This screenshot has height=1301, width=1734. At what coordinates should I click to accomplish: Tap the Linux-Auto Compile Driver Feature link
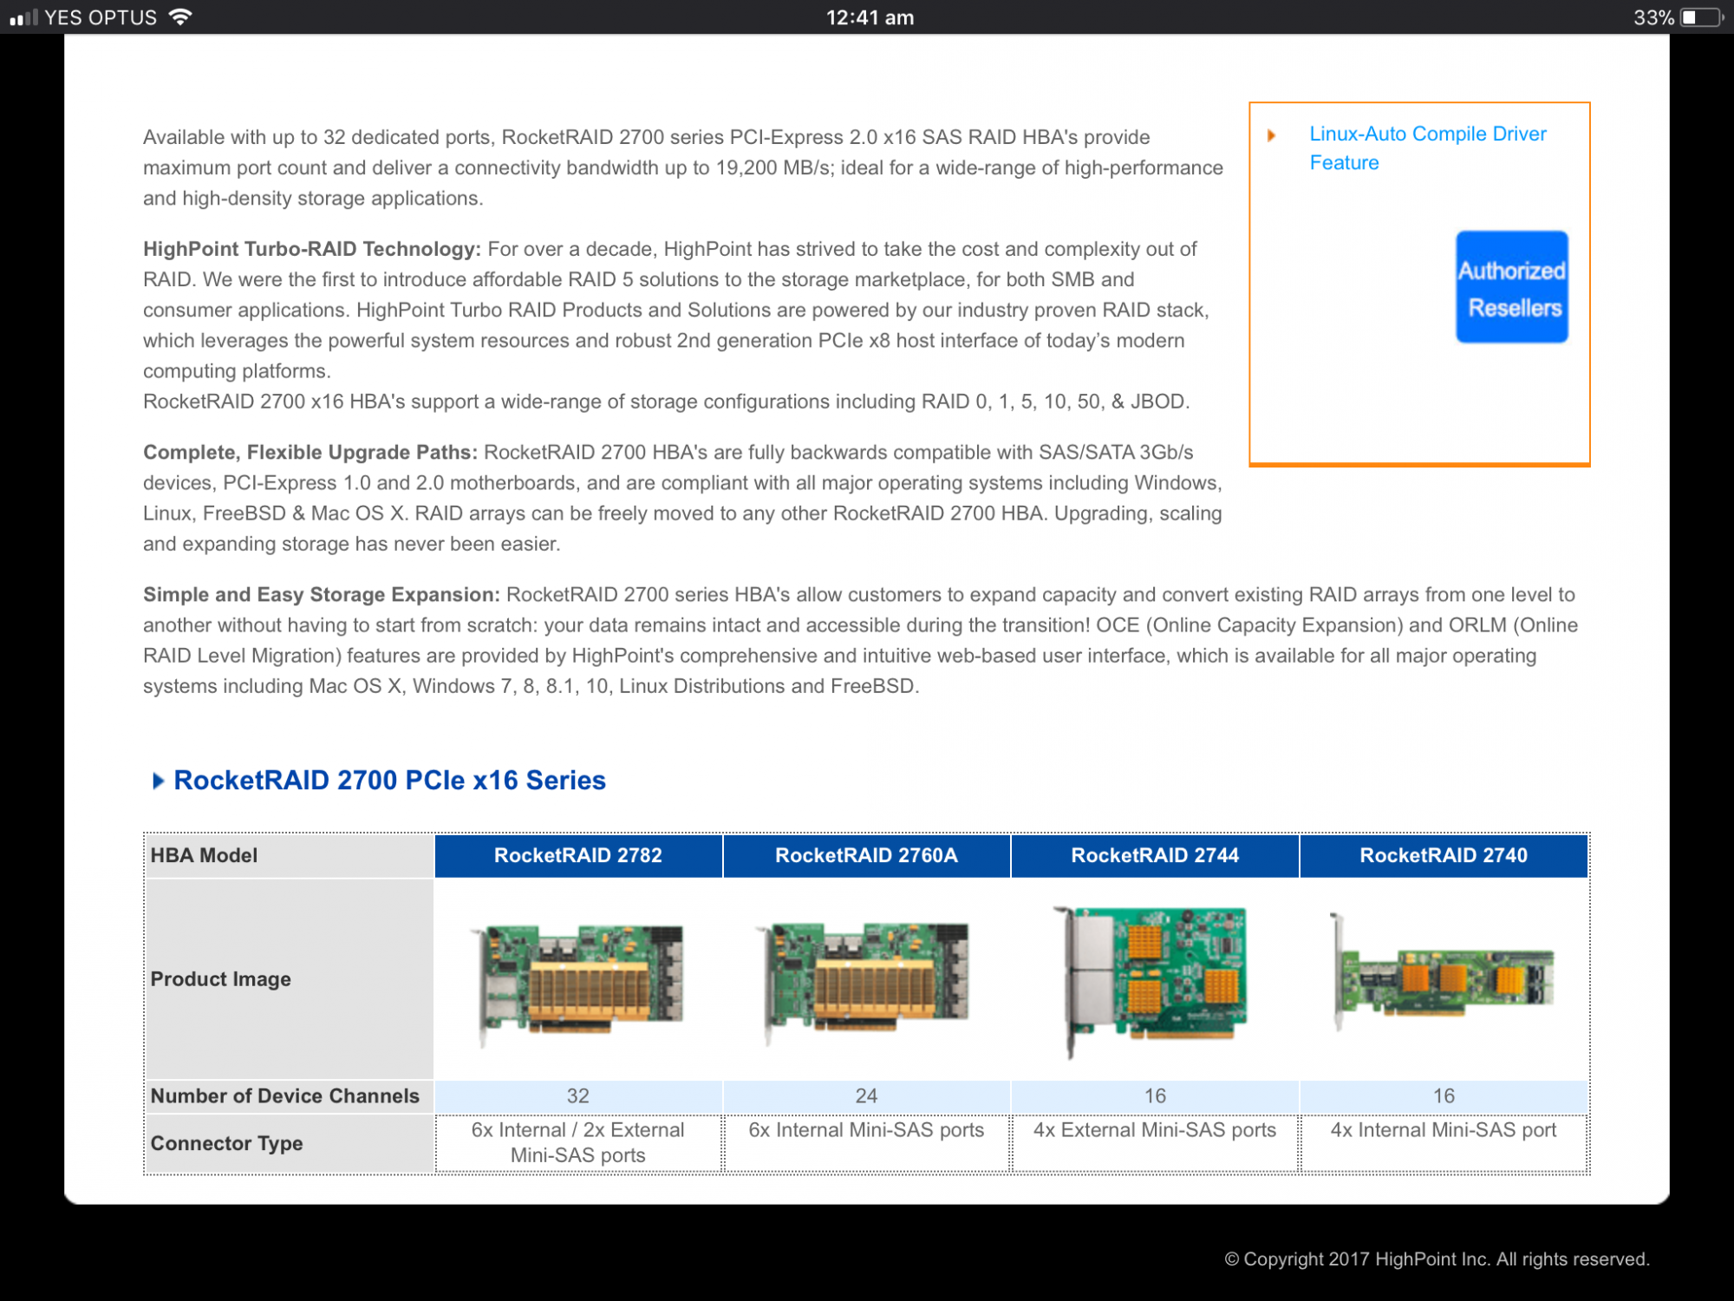click(x=1428, y=148)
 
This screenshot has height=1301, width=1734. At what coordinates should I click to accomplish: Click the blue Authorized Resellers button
click(x=1512, y=287)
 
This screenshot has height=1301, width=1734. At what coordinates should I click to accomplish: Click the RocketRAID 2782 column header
click(x=578, y=855)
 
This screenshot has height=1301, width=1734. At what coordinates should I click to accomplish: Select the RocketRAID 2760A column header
click(x=866, y=855)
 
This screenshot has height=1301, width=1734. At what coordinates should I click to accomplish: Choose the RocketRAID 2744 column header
click(x=1155, y=855)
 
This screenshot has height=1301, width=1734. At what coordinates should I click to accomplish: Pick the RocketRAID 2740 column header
click(x=1444, y=855)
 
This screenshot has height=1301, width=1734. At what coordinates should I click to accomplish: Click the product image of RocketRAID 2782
click(x=578, y=981)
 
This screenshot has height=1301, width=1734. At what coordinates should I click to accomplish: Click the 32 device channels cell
click(x=578, y=1096)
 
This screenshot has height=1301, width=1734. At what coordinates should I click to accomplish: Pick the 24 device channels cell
click(x=866, y=1096)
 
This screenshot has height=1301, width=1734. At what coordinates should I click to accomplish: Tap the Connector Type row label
click(x=227, y=1143)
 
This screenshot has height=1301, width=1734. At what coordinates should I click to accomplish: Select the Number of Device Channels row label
click(x=285, y=1096)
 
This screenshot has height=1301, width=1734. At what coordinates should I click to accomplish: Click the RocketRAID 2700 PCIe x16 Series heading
click(x=390, y=781)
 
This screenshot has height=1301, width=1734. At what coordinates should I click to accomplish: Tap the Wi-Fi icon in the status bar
click(x=180, y=16)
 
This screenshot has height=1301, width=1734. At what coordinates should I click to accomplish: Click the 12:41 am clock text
click(x=870, y=17)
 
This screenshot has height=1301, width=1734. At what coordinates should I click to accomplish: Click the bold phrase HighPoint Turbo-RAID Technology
click(x=312, y=249)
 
